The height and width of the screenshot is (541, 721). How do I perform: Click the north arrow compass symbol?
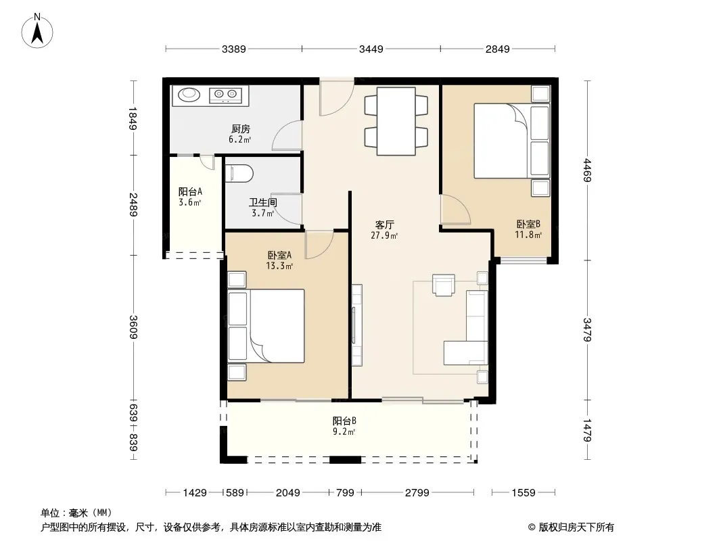coord(37,31)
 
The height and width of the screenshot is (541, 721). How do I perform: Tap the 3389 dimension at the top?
coord(233,49)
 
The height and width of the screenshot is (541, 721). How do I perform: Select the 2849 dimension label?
coord(498,49)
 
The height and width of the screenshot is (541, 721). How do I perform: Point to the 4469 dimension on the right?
coord(587,170)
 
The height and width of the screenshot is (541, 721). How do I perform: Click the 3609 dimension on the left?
coord(133,327)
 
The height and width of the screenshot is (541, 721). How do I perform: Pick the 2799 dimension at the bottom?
coord(417,493)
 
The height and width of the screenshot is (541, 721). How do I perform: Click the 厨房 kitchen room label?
coord(241,128)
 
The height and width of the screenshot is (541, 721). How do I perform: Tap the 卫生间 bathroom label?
coord(263,202)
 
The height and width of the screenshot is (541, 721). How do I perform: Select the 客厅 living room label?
coord(384,225)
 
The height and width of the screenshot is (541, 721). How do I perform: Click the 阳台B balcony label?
coord(344,421)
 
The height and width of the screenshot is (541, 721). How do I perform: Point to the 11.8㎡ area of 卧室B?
coord(528,235)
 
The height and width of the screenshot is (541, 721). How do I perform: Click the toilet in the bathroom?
coord(239,174)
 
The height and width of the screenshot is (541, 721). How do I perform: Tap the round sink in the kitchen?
coord(189,95)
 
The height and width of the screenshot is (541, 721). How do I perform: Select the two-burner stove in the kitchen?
coord(225,95)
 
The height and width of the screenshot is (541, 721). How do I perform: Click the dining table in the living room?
coord(396,121)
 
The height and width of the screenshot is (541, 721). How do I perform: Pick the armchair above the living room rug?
coord(444,285)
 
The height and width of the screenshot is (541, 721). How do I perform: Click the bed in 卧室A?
coord(266,326)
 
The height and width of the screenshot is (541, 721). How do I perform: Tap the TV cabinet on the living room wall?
coord(357,325)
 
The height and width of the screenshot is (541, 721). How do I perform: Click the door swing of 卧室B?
coord(455,210)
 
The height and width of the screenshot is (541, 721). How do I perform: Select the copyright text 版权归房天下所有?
coord(576,527)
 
